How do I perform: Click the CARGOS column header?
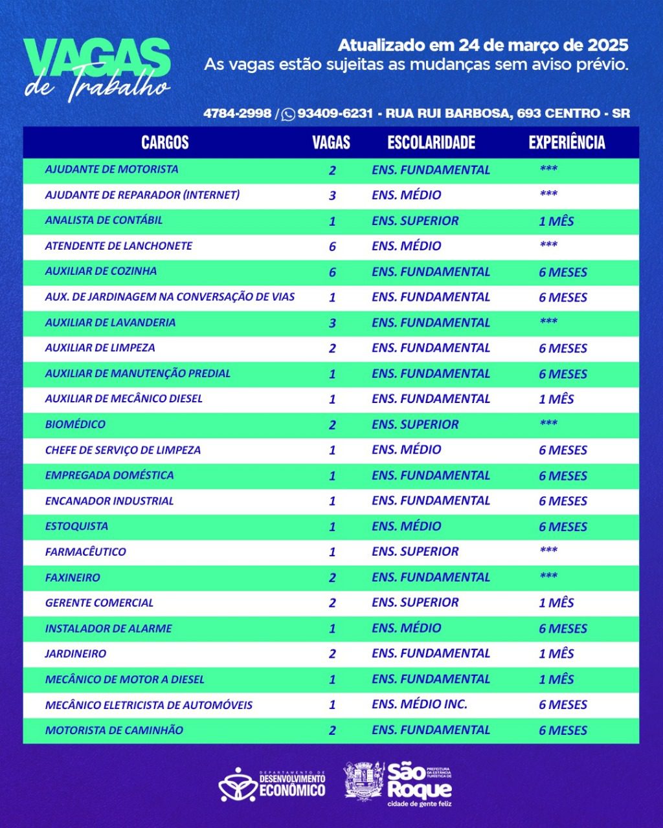pyautogui.click(x=165, y=143)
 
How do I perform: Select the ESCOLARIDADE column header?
pyautogui.click(x=431, y=143)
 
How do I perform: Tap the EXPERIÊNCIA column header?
pyautogui.click(x=567, y=143)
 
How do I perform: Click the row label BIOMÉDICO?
pyautogui.click(x=75, y=424)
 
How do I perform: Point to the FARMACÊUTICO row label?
pyautogui.click(x=85, y=552)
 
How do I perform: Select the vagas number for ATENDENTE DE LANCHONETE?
pyautogui.click(x=332, y=246)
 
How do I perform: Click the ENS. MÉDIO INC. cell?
pyautogui.click(x=420, y=704)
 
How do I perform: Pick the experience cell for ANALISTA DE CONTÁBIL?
pyautogui.click(x=556, y=221)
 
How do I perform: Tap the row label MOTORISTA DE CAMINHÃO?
pyautogui.click(x=114, y=730)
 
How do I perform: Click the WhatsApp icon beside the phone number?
pyautogui.click(x=288, y=114)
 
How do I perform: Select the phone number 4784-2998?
pyautogui.click(x=237, y=113)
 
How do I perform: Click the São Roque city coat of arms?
pyautogui.click(x=364, y=780)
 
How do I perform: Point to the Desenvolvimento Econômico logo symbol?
pyautogui.click(x=237, y=784)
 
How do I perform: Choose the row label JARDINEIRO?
pyautogui.click(x=75, y=653)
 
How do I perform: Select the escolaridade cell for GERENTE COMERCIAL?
pyautogui.click(x=415, y=602)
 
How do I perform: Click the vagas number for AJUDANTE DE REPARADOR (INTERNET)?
pyautogui.click(x=332, y=195)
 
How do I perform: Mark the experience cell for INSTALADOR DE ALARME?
pyautogui.click(x=563, y=628)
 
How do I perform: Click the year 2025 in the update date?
pyautogui.click(x=608, y=45)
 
